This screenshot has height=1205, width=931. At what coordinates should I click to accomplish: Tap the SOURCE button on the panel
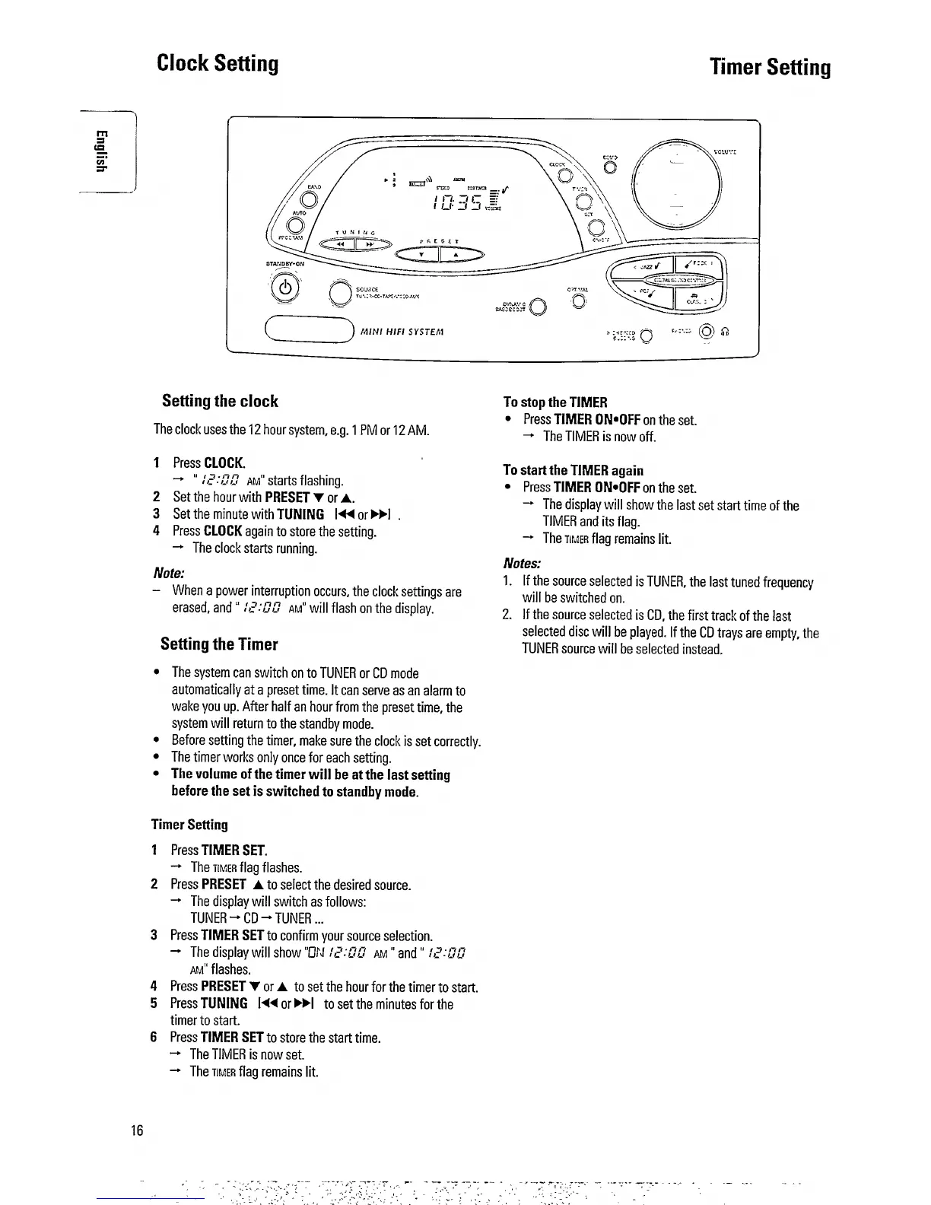(x=340, y=294)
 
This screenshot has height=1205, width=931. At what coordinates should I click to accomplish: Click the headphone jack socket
(x=707, y=332)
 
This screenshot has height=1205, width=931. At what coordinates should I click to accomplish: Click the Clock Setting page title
(x=218, y=63)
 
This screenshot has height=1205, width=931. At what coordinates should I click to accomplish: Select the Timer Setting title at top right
(x=770, y=68)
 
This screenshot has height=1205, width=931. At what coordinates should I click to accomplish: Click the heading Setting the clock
(x=220, y=401)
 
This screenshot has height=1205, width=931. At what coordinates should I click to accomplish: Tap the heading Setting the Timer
(x=219, y=644)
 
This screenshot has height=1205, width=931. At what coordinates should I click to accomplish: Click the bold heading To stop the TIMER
(x=555, y=402)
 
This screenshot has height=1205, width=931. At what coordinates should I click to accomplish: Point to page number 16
(x=137, y=1130)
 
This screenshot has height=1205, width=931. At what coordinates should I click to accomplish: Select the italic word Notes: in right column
(x=522, y=564)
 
